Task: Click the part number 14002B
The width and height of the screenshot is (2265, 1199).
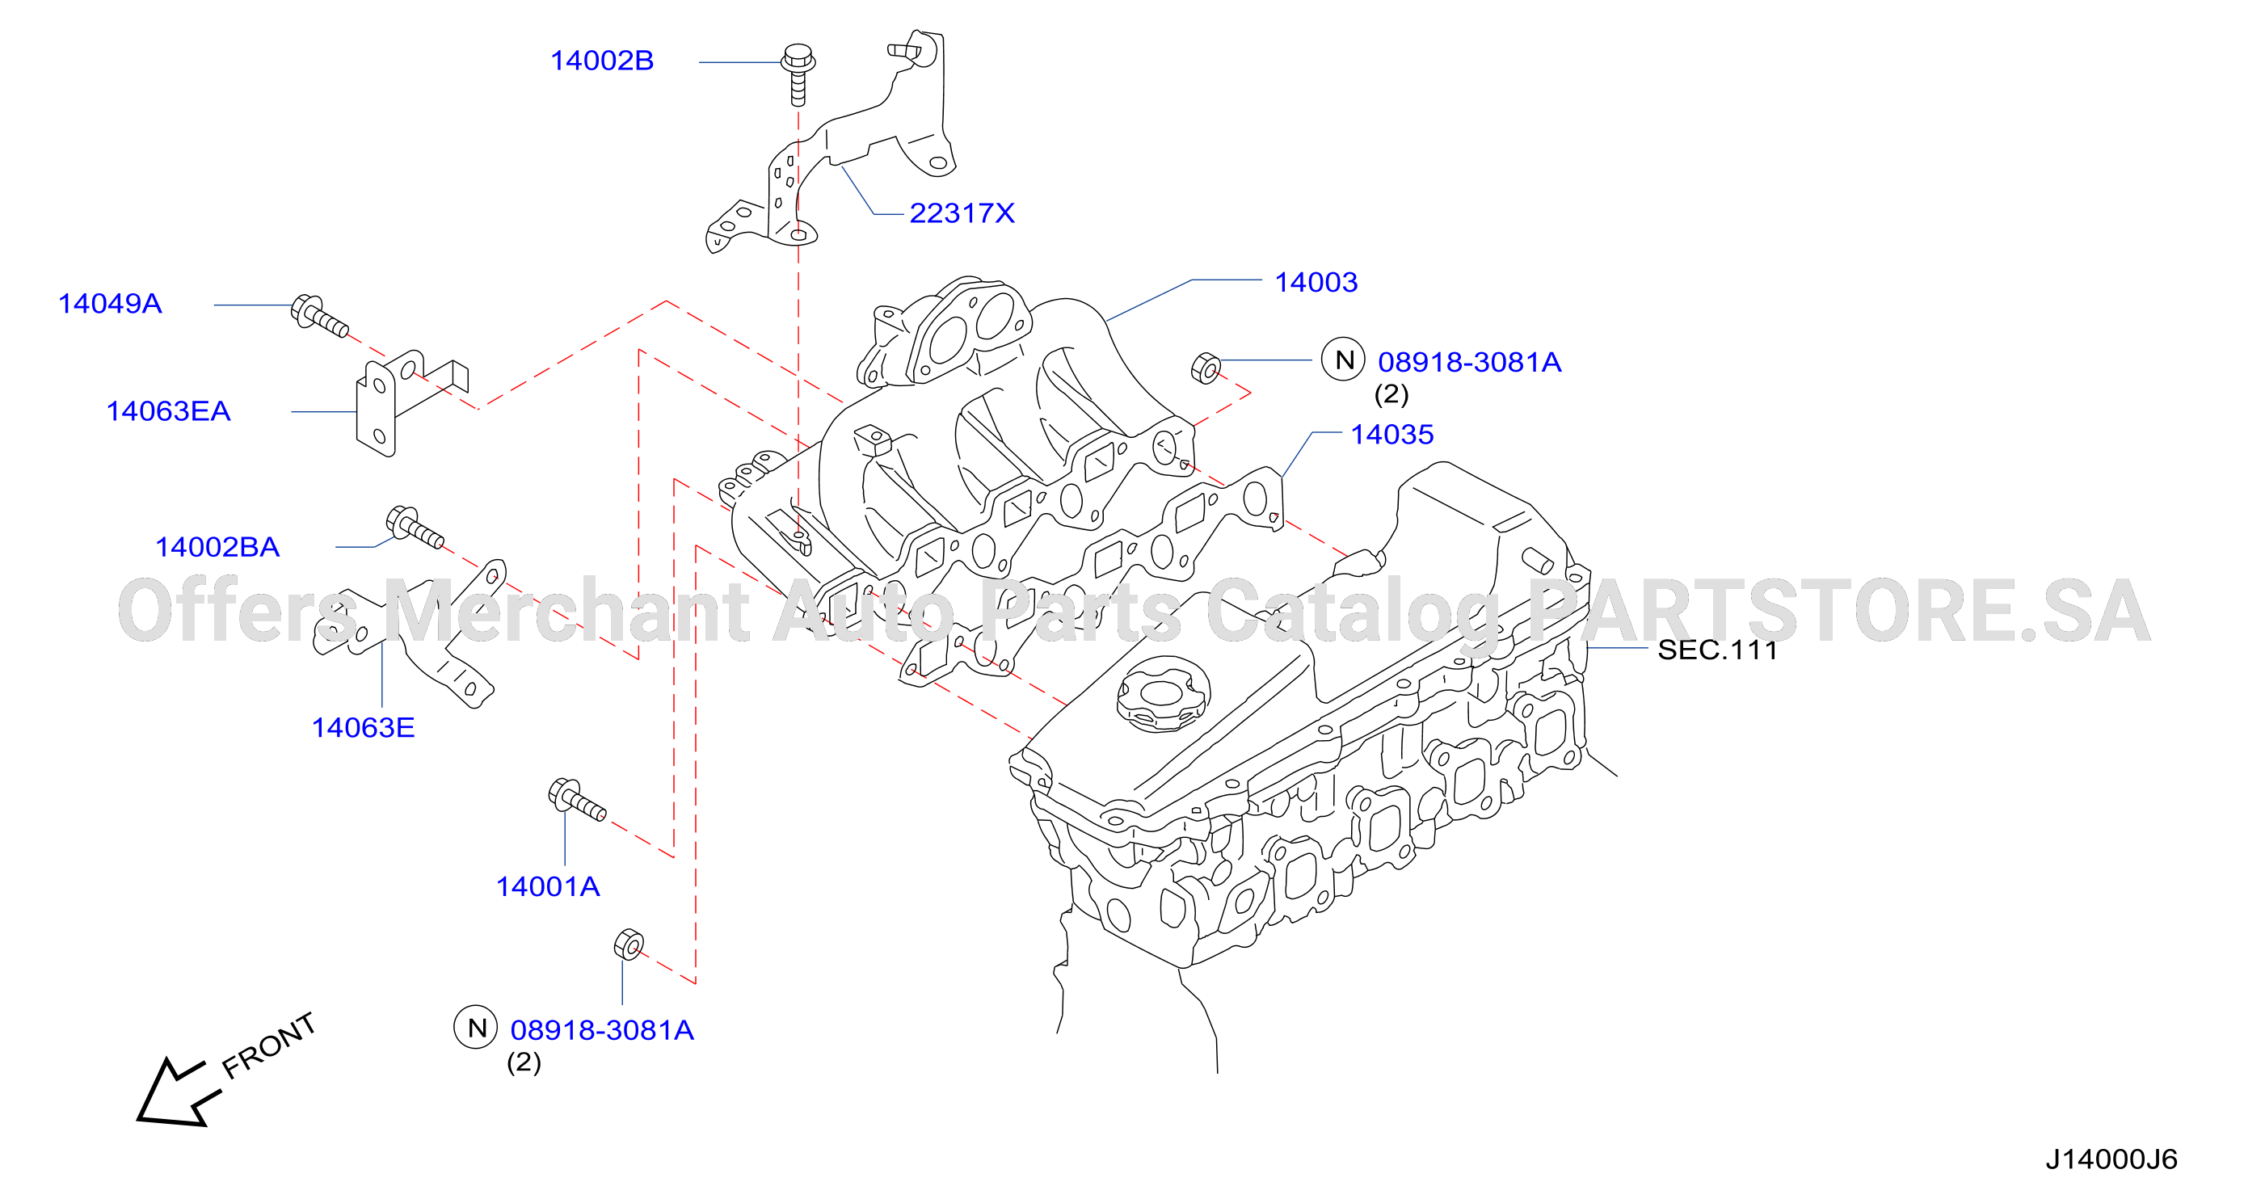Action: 601,61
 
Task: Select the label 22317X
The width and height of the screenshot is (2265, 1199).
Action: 962,212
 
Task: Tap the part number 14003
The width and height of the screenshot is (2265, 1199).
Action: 1316,282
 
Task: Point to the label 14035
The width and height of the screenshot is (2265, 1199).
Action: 1391,434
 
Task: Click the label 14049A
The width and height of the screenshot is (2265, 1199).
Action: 110,303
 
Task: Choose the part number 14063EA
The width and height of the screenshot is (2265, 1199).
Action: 168,411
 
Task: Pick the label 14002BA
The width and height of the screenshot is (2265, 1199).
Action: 217,548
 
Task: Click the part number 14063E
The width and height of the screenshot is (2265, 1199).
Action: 363,728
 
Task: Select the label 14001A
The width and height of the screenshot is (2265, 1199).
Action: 548,887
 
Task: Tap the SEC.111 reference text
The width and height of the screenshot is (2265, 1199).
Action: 1717,650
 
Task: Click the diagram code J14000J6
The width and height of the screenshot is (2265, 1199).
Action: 2111,1159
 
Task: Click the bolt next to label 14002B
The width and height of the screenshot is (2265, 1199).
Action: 798,74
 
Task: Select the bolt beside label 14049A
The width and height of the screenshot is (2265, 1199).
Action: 320,317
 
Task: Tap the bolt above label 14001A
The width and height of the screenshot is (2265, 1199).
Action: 577,799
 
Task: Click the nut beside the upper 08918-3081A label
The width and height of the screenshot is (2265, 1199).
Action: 1206,368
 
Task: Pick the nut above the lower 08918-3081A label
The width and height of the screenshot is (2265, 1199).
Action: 629,944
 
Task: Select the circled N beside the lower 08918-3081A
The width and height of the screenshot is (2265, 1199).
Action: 477,1028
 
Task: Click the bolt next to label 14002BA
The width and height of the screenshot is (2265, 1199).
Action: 415,528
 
